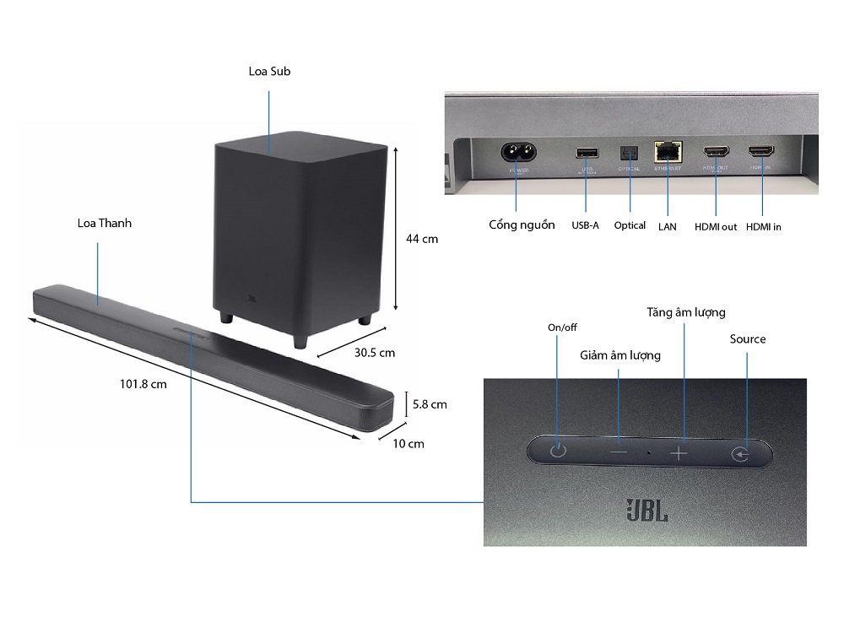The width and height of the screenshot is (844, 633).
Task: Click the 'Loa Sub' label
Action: (269, 72)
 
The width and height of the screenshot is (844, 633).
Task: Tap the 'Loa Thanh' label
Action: (105, 224)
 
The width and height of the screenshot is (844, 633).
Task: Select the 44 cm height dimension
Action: (422, 239)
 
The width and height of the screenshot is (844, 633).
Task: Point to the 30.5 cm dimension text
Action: (373, 352)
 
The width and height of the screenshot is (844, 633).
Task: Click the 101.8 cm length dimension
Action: (143, 384)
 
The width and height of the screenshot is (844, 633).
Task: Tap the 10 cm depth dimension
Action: (410, 443)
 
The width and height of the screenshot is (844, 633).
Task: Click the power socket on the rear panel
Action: (517, 153)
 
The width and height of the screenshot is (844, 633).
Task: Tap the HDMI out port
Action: (716, 153)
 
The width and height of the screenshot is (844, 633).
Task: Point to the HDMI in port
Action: (760, 153)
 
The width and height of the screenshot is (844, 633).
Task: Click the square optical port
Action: (629, 153)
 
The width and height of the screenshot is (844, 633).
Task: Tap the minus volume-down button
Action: (619, 452)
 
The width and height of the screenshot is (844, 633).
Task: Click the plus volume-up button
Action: (679, 452)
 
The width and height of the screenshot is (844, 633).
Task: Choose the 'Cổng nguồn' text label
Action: (522, 225)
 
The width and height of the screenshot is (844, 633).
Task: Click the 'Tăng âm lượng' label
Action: (686, 312)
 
